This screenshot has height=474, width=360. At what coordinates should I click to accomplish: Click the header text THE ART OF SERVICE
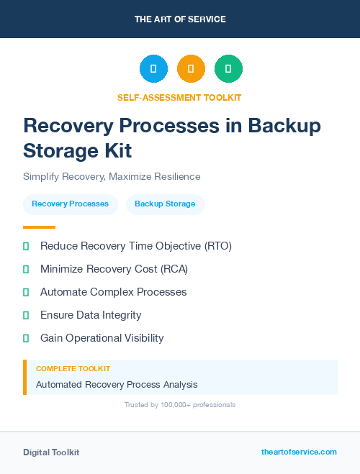point(180,19)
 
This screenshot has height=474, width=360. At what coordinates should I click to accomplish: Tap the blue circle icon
point(153,68)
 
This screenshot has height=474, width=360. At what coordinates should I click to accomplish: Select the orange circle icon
point(191,68)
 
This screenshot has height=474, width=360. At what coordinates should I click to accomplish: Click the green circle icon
point(228,68)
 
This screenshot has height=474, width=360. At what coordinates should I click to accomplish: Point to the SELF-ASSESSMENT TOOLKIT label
point(180,97)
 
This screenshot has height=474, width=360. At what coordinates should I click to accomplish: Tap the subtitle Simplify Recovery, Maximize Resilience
point(112,176)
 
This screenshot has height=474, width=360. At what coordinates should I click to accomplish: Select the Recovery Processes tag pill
point(70,204)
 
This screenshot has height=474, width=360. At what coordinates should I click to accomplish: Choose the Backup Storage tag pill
point(165,204)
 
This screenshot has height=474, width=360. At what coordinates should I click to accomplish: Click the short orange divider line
point(39,227)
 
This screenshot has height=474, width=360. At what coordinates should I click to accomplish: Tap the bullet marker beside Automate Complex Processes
point(26,292)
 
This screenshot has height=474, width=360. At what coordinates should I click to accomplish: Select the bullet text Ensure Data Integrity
point(91,315)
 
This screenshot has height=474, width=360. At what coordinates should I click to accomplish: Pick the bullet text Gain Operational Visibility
point(102,338)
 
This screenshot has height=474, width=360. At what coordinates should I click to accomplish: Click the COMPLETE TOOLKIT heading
point(73,368)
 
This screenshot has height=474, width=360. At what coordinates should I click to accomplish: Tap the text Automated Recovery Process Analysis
point(117,385)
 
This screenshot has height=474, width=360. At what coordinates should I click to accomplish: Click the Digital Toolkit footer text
point(51,452)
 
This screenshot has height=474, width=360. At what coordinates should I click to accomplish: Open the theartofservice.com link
point(299,452)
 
